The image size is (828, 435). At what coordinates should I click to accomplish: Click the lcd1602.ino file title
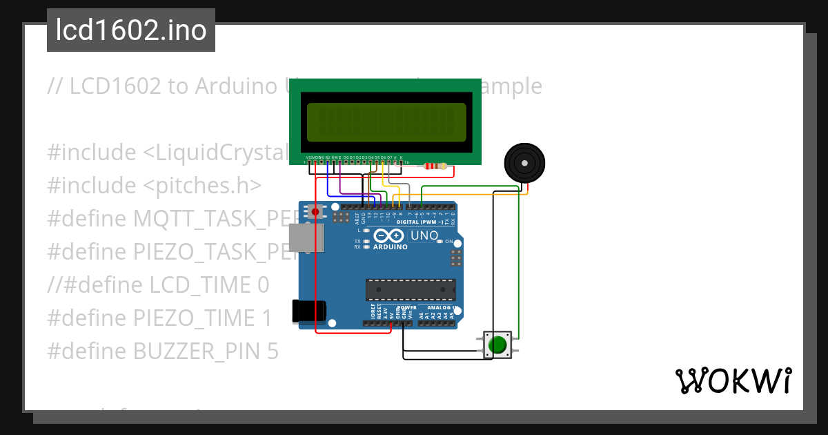point(130,30)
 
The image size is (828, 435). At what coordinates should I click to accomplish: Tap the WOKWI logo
point(733,380)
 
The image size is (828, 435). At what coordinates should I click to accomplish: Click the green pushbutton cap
point(497,344)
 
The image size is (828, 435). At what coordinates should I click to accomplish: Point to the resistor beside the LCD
point(435,166)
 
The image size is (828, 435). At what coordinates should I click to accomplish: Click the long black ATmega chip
point(411,290)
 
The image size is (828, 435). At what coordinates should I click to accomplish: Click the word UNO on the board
point(424,235)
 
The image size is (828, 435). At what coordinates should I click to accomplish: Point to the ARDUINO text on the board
point(390,246)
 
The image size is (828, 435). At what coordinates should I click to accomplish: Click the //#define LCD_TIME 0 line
point(158,285)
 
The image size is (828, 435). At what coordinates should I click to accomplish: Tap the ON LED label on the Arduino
point(448,242)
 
